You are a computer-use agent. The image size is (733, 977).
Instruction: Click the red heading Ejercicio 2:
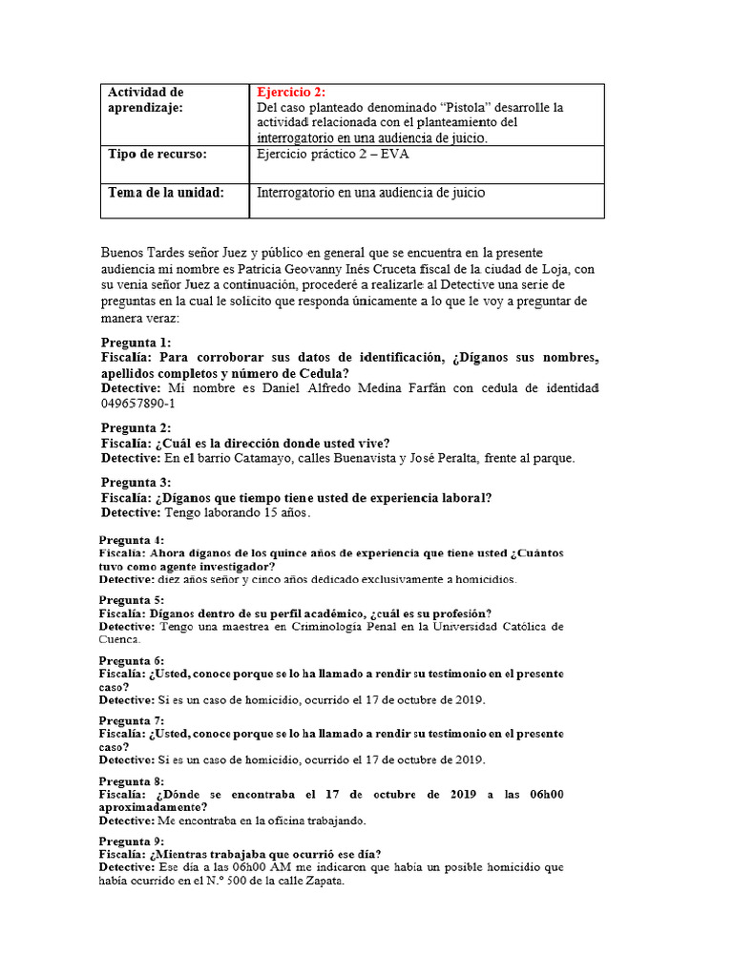point(291,93)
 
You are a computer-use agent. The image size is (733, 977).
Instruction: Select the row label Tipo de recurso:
point(157,154)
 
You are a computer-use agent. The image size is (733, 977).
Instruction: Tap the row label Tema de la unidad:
point(166,193)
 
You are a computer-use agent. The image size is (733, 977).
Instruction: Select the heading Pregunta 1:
point(136,343)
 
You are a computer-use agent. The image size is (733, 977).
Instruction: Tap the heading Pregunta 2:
point(136,427)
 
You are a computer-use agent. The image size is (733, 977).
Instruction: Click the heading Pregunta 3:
point(136,482)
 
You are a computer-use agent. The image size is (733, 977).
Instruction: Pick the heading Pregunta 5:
point(132,600)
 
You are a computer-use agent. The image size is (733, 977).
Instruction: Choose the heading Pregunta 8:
point(132,780)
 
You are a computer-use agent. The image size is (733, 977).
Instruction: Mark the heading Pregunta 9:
point(132,841)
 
